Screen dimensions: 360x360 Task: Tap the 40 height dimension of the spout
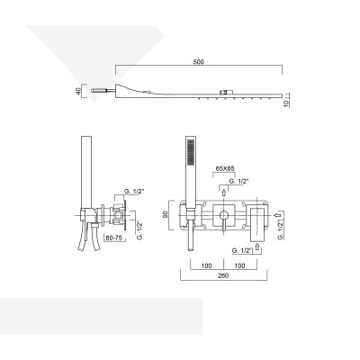click(79, 91)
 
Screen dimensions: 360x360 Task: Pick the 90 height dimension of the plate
click(166, 216)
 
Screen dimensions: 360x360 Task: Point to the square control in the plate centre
click(223, 215)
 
